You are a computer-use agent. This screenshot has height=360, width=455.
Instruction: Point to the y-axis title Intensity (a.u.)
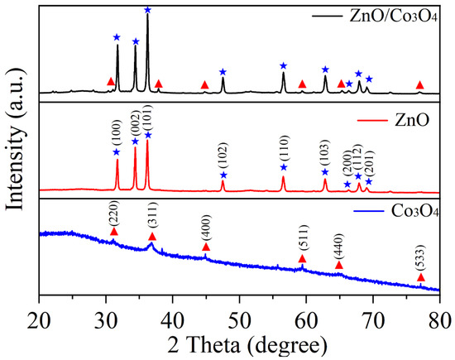tap(15, 138)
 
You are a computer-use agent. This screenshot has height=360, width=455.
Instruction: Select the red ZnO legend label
tap(411, 120)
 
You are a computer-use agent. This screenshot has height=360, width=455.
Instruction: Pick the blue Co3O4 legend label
tap(414, 211)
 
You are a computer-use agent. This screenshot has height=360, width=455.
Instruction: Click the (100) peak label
tap(117, 134)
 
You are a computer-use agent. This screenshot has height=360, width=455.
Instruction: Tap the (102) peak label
tap(223, 156)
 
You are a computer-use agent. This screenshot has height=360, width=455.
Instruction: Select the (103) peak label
tap(325, 154)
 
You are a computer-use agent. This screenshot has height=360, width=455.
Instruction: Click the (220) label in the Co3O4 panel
tap(114, 213)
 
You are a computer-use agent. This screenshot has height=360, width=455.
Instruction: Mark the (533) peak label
tap(420, 259)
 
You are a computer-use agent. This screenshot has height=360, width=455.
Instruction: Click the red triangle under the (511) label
tap(302, 258)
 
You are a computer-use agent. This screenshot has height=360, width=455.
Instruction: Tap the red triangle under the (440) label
tap(339, 265)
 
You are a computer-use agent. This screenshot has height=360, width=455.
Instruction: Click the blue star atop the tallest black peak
tap(148, 10)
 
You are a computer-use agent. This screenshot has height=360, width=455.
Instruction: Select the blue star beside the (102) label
tap(223, 175)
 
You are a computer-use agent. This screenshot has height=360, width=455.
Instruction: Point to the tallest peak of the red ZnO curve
tap(147, 141)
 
